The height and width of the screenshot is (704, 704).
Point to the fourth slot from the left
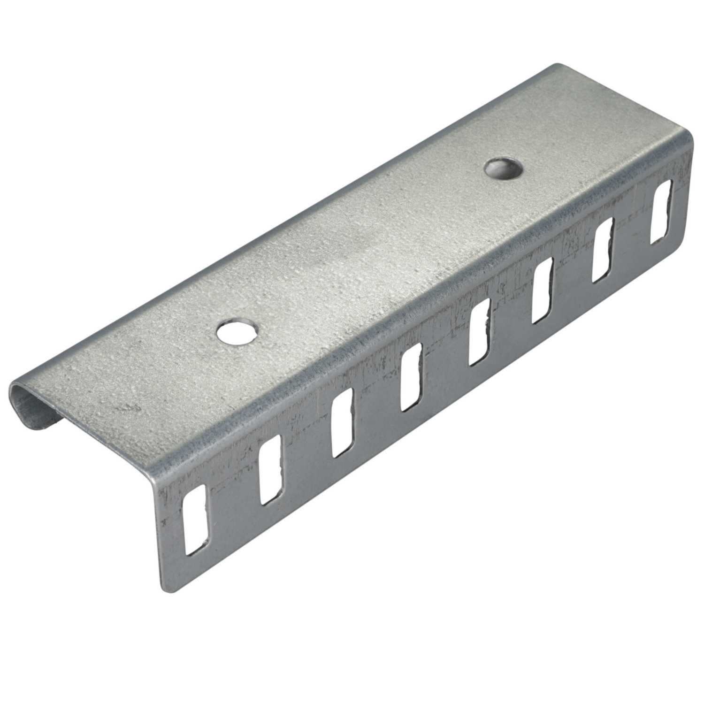coord(411,376)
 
